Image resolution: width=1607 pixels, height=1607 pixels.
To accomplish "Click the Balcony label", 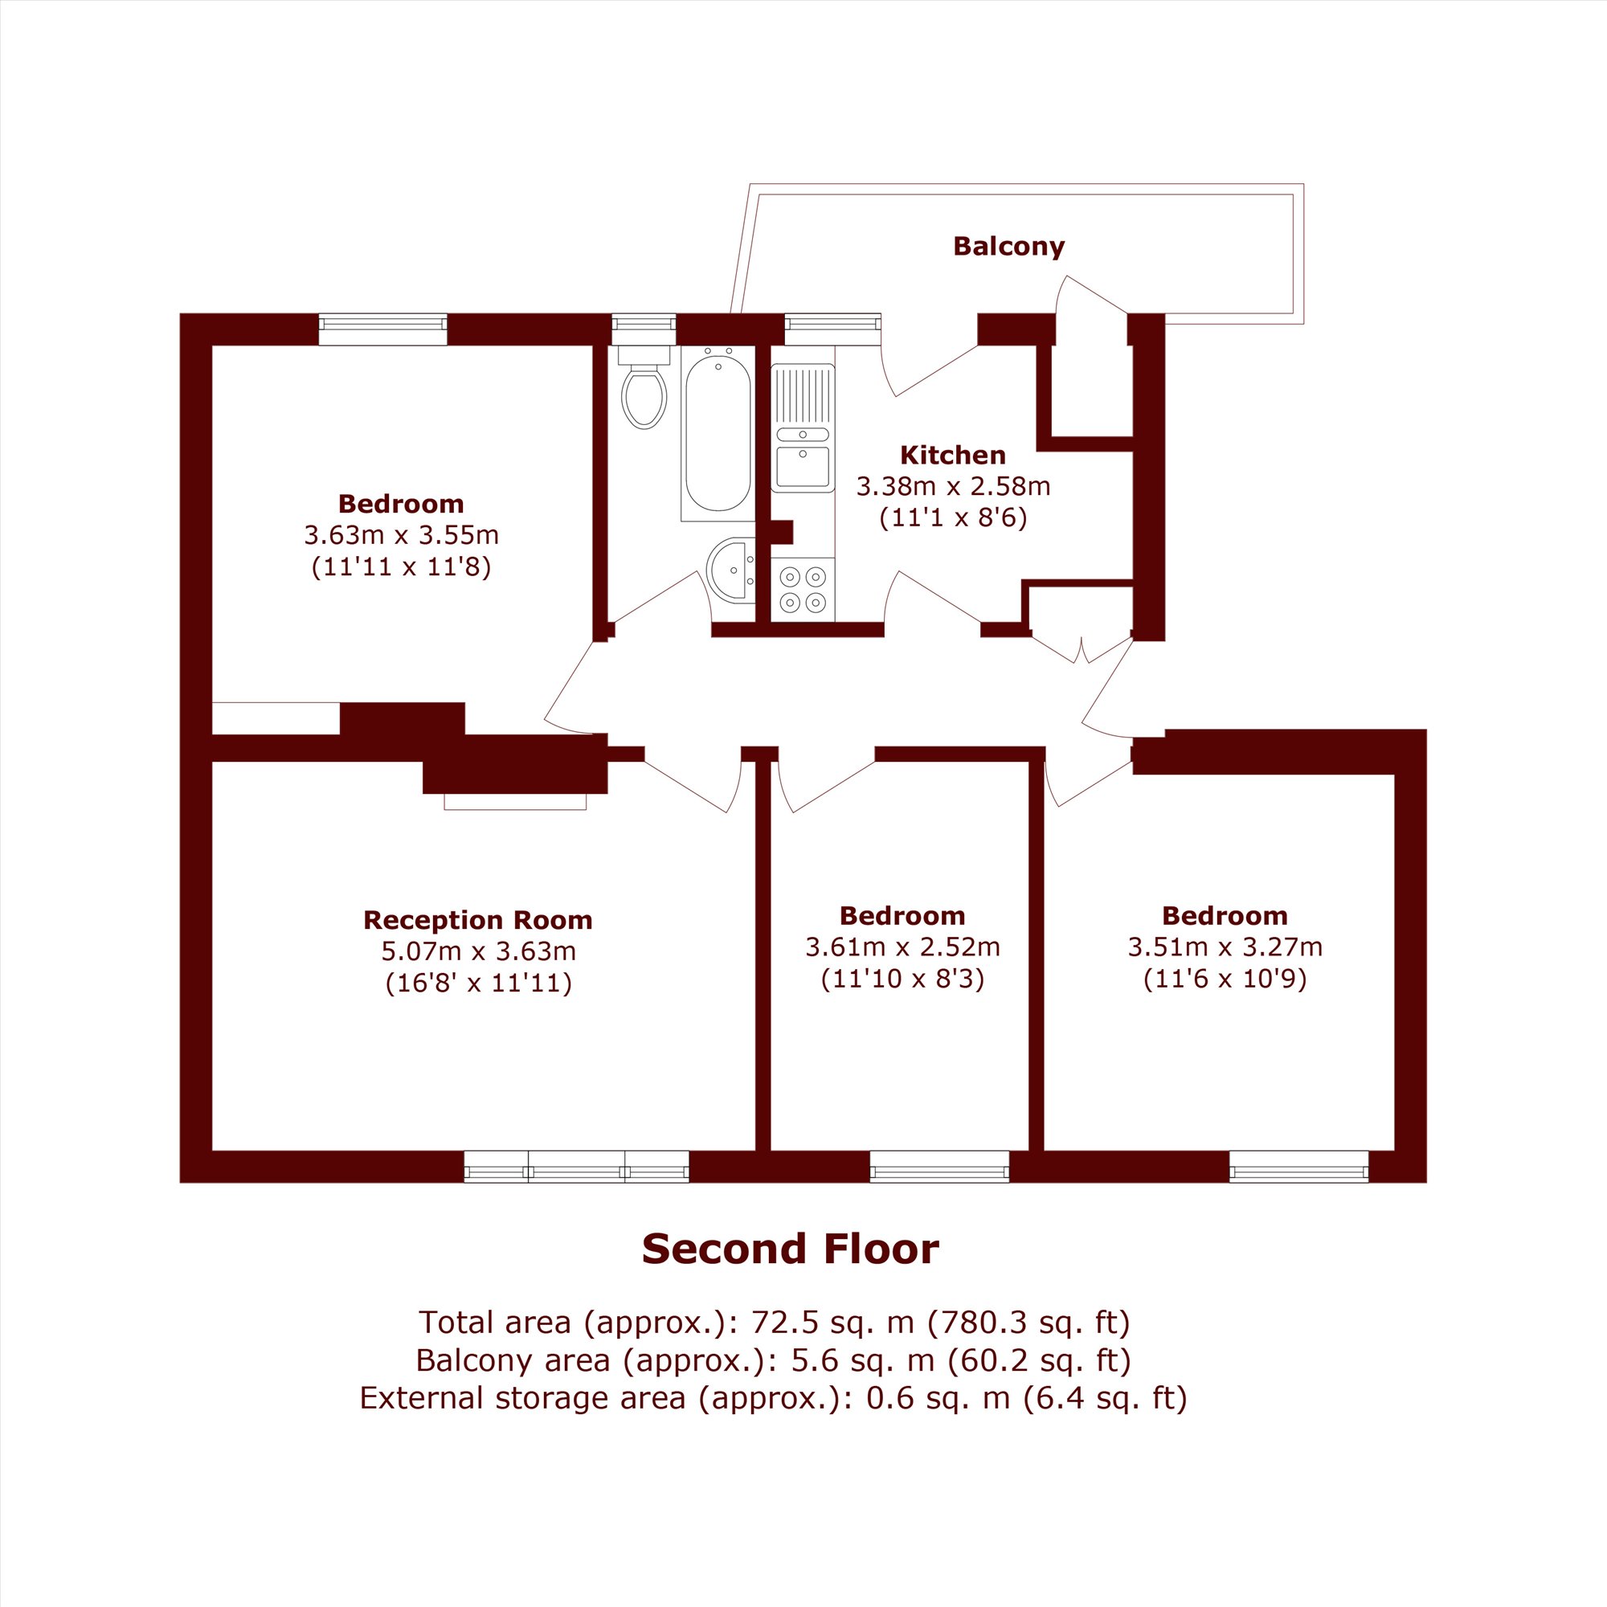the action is [1008, 247].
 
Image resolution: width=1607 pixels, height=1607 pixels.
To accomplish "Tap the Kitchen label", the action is [953, 455].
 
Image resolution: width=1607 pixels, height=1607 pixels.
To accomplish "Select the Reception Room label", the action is [477, 920].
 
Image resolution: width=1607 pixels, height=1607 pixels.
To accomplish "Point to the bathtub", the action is [718, 433].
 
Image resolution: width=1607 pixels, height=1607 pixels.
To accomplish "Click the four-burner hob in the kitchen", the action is [803, 589].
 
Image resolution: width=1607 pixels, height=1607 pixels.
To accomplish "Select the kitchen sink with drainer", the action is [803, 427].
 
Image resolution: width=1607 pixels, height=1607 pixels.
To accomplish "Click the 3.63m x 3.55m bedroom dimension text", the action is [401, 534].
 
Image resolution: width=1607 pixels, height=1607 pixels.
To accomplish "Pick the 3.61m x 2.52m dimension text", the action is [902, 947].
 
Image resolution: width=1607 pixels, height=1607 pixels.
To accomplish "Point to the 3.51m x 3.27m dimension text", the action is [1225, 947].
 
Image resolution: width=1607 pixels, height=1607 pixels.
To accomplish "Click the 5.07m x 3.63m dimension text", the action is [478, 951].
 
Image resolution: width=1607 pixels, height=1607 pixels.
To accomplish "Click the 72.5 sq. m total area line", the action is [775, 1322].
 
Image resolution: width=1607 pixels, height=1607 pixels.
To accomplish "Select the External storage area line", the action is [774, 1397].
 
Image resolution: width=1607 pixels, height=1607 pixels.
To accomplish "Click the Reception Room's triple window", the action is [576, 1166].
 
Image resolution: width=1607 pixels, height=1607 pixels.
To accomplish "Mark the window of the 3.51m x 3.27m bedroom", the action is [1299, 1166].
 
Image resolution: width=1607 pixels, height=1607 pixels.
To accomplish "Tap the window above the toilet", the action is [644, 329].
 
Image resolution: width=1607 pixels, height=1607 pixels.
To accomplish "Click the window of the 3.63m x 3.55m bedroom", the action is [382, 329].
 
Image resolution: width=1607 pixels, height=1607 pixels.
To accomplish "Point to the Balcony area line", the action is [774, 1360].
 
